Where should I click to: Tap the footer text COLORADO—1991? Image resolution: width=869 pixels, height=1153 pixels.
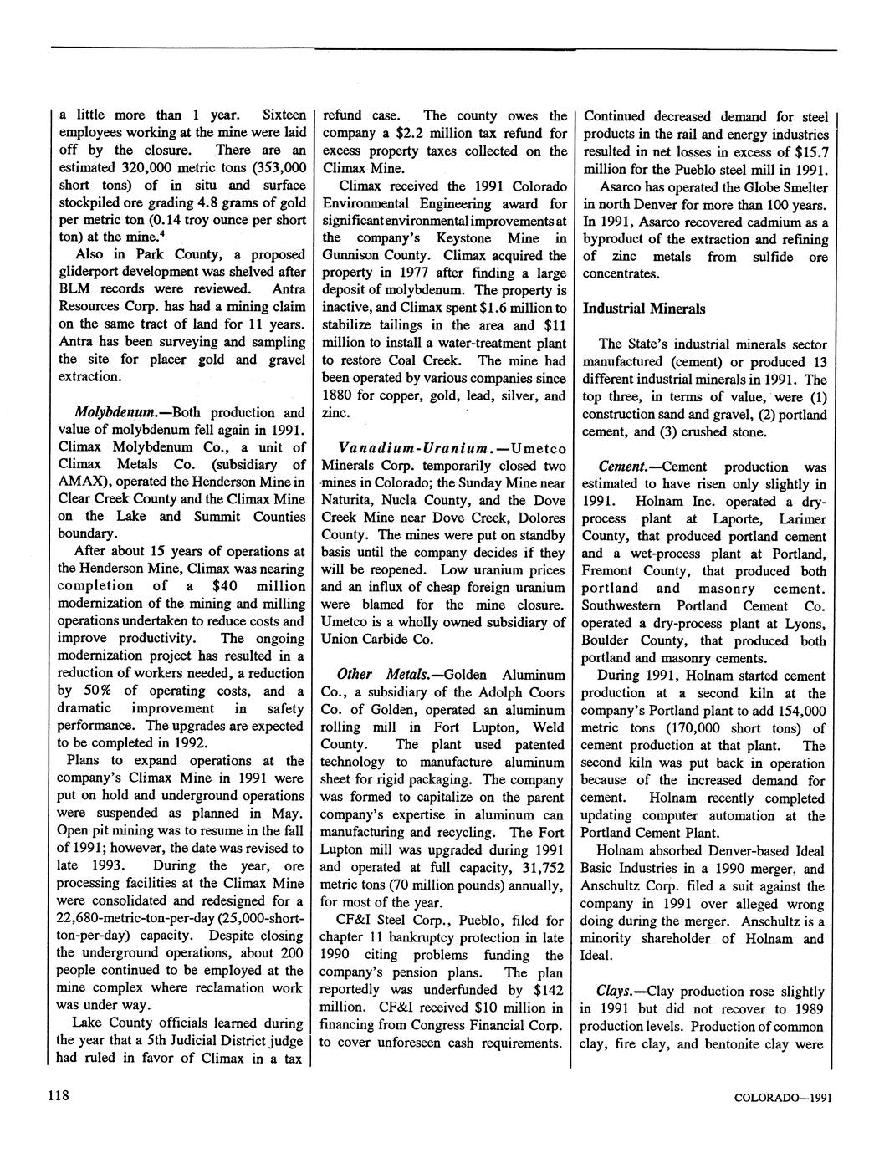click(781, 1099)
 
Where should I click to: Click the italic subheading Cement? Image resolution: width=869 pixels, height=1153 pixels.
click(622, 467)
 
